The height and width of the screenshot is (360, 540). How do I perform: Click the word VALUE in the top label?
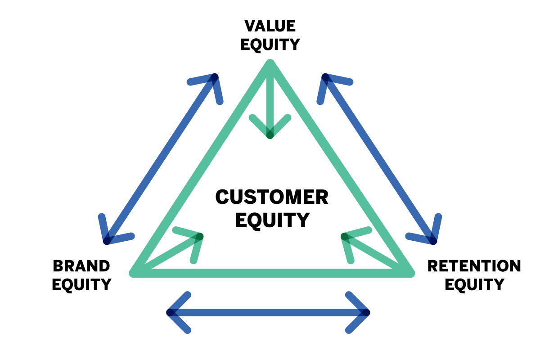pyautogui.click(x=270, y=26)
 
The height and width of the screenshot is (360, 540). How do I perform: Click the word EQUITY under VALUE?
pyautogui.click(x=270, y=45)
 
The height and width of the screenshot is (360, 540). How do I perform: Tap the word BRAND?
pyautogui.click(x=81, y=266)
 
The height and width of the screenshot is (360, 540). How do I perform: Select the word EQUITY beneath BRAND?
pyautogui.click(x=81, y=284)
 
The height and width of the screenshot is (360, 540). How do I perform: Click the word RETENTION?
pyautogui.click(x=474, y=266)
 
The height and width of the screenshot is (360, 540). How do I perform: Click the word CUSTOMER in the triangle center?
pyautogui.click(x=272, y=197)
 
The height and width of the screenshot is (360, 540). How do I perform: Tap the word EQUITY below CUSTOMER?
pyautogui.click(x=273, y=220)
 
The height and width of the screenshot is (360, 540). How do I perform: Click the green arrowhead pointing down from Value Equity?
pyautogui.click(x=270, y=132)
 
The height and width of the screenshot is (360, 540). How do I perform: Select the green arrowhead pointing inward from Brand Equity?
pyautogui.click(x=197, y=238)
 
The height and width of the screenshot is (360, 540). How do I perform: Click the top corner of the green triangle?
pyautogui.click(x=270, y=64)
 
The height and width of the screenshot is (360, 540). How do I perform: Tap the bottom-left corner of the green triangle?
pyautogui.click(x=134, y=273)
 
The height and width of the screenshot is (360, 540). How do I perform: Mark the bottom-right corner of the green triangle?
pyautogui.click(x=409, y=273)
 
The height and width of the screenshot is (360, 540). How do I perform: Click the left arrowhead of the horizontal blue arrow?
pyautogui.click(x=172, y=312)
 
